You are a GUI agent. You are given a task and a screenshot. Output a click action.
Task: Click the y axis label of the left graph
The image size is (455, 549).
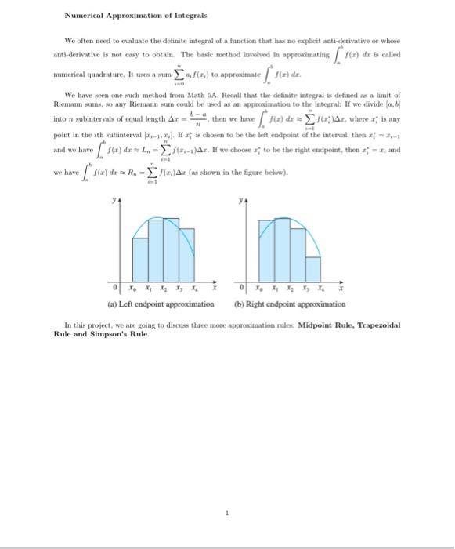[115, 199]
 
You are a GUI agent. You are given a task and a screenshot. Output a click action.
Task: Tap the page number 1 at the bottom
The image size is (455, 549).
[226, 514]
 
